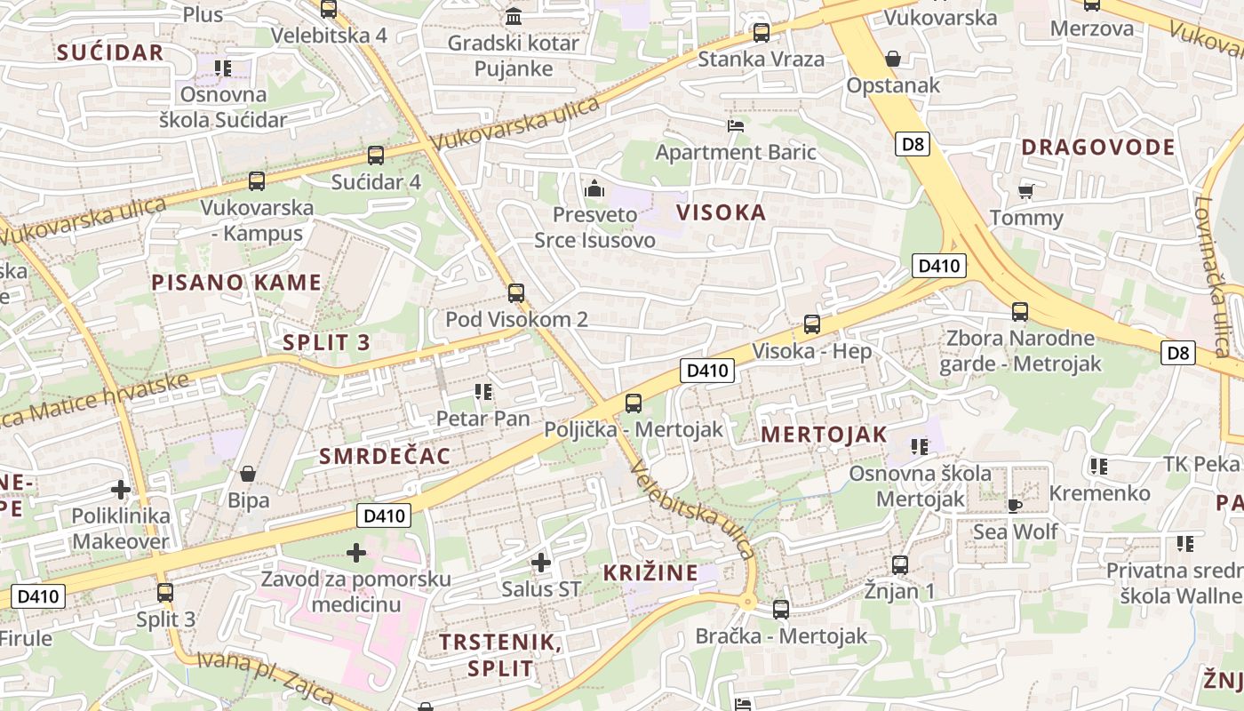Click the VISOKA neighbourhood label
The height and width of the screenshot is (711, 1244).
point(721,212)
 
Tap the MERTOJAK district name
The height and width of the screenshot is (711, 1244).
point(824,435)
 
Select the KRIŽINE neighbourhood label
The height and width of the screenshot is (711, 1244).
point(650,572)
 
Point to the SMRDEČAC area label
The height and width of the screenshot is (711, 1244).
point(385,457)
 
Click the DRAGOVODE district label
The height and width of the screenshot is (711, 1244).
point(1098,148)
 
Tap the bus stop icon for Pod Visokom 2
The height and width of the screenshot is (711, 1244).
point(515,292)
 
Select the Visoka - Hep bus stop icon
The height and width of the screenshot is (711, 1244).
point(811,324)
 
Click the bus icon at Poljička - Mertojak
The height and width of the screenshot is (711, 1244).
point(633,403)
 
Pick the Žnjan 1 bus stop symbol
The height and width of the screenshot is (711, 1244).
point(899,564)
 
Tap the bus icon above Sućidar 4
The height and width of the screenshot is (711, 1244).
point(375,156)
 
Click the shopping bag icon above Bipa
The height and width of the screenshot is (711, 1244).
point(248,474)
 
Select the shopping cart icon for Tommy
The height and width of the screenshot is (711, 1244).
point(1025,191)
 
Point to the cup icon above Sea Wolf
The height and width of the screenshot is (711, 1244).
point(1014,506)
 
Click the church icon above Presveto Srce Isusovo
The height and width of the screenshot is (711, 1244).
point(594,188)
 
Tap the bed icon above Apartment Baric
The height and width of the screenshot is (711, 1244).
point(735,125)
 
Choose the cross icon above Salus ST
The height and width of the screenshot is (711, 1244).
point(540,562)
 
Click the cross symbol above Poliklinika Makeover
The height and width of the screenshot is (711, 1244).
point(120,489)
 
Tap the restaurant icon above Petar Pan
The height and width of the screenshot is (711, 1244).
point(483,391)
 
